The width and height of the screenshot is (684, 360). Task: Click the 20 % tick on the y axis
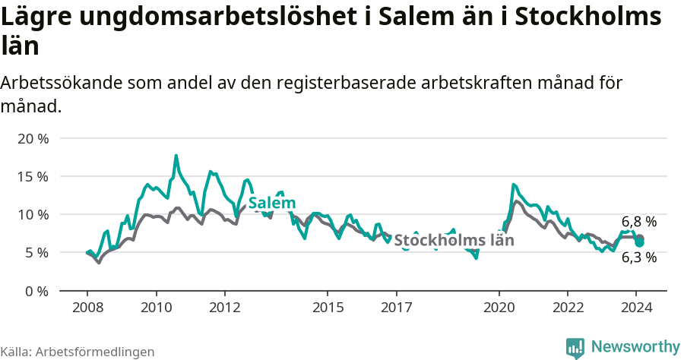[x=32, y=138]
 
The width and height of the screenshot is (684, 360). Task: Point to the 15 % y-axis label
[x=32, y=176]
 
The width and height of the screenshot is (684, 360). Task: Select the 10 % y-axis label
[x=32, y=214]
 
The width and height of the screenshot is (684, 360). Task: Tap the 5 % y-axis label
[x=36, y=252]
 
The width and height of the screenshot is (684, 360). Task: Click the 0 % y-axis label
[x=36, y=290]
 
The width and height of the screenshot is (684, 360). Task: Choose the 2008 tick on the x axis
[x=87, y=307]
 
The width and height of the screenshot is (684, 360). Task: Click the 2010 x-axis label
[x=156, y=307]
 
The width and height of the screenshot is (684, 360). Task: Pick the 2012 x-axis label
[x=224, y=307]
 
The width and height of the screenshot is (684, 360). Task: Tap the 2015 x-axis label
[x=328, y=307]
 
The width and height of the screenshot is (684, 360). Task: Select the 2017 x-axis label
[x=396, y=307]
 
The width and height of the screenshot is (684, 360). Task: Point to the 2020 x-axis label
[x=499, y=307]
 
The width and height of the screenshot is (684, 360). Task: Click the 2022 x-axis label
[x=568, y=307]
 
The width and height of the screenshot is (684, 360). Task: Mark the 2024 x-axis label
[x=636, y=307]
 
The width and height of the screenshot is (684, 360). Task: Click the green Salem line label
[x=272, y=203]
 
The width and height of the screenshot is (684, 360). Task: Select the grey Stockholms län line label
[x=454, y=240]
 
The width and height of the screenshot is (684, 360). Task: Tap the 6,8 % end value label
[x=639, y=222]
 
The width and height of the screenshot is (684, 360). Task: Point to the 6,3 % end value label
[x=639, y=257]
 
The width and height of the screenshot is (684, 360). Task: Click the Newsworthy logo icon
[x=575, y=347]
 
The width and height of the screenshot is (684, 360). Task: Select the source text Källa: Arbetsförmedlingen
[x=78, y=352]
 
